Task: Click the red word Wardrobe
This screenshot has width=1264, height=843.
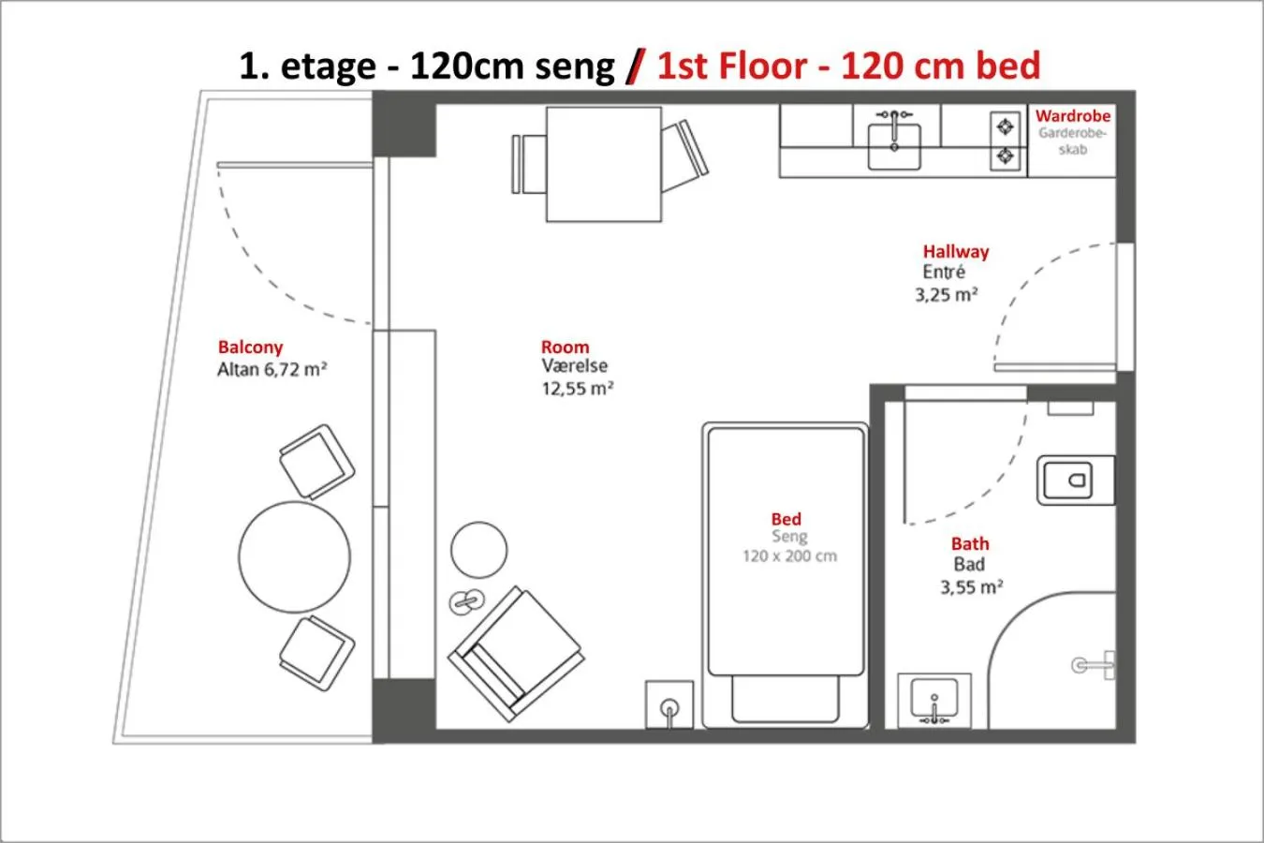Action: point(1072,116)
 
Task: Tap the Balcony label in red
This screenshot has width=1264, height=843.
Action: point(250,348)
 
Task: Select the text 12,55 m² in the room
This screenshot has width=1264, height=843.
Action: point(577,389)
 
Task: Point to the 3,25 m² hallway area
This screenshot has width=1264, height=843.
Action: point(946,295)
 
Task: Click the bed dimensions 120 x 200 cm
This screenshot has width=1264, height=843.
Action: point(789,556)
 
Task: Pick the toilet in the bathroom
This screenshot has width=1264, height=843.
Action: point(1074,481)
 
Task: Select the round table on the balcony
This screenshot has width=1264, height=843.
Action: point(294,557)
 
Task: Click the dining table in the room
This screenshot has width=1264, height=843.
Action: point(603,164)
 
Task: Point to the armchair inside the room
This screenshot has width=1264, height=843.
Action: point(513,654)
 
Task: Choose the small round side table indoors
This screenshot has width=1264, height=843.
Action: point(478,550)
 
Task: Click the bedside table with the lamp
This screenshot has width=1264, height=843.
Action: point(669,704)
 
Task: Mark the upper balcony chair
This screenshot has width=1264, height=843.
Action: point(316,460)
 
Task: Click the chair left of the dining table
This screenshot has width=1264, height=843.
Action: point(529,164)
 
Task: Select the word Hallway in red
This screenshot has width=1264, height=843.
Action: point(955,252)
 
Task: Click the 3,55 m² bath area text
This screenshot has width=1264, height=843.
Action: point(971,588)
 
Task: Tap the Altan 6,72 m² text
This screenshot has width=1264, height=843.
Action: point(272,370)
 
